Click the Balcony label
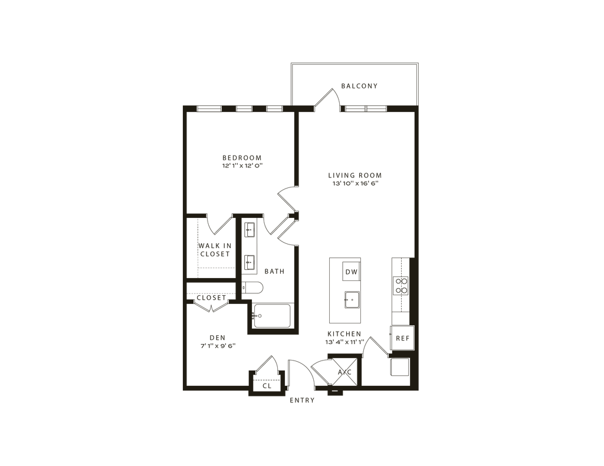coord(359,87)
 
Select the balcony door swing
coord(327,99)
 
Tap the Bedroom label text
coord(241,161)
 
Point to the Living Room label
coord(355,179)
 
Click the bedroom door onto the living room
coord(287,197)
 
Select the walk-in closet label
coord(214,249)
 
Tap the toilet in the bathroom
coord(254,288)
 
